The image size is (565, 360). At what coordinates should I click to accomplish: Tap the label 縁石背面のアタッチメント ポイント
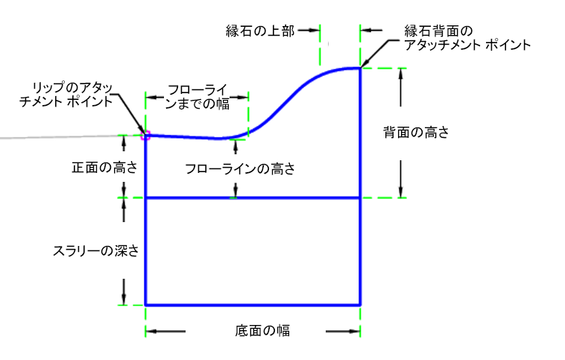[467, 38]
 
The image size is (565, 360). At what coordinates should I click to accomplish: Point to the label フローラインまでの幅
[198, 95]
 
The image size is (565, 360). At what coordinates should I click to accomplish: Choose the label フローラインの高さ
[240, 169]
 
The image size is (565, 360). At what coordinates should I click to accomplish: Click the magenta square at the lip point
[145, 135]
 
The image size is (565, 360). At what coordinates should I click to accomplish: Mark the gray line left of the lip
[60, 137]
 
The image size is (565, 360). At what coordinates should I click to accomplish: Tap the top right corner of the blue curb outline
[361, 69]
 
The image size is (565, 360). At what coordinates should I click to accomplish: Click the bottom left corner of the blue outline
[145, 304]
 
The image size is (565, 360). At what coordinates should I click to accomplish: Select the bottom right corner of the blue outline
[361, 304]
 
